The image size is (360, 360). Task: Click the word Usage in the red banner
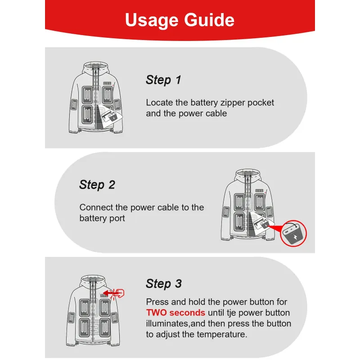pos(152,20)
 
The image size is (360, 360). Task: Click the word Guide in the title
pos(209,20)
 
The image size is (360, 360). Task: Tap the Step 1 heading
pos(163,80)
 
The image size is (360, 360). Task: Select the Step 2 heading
pos(97,185)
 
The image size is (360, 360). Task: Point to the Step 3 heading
pos(164,284)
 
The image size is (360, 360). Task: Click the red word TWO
pos(156,313)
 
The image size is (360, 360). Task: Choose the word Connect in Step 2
pos(96,207)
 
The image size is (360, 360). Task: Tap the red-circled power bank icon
pos(293,234)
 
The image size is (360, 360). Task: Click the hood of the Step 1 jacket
pos(95,67)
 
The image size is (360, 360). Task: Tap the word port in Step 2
pos(117,218)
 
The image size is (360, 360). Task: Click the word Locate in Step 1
pos(159,103)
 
